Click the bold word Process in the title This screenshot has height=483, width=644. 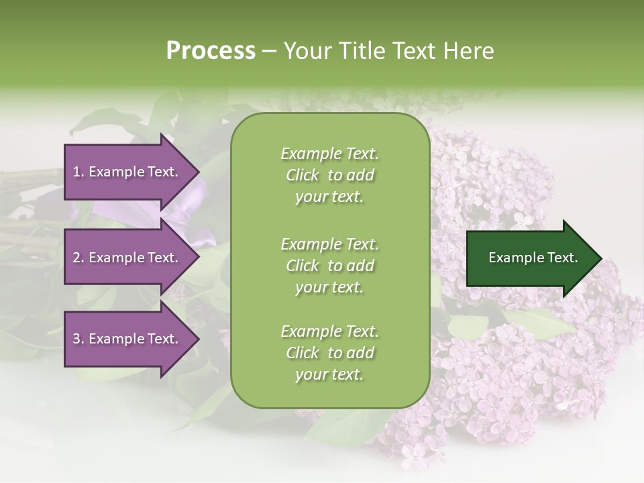click(x=211, y=51)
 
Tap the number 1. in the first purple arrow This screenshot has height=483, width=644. click(x=78, y=172)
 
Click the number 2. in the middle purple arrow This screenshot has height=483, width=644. click(x=78, y=258)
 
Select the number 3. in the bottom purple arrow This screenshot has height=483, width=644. click(x=78, y=339)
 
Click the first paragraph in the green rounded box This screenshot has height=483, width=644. click(x=329, y=175)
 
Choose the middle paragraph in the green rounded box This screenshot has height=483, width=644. click(x=329, y=266)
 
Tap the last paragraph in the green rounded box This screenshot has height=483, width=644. click(x=329, y=353)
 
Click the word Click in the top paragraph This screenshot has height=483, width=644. click(x=303, y=175)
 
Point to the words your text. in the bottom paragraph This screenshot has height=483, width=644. click(x=329, y=374)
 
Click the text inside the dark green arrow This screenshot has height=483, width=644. click(x=533, y=258)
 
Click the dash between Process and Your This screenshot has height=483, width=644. click(x=270, y=52)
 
